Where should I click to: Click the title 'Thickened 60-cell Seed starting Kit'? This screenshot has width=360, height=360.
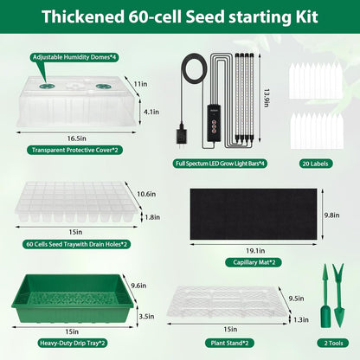179,17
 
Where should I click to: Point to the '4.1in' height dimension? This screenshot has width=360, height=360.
151,111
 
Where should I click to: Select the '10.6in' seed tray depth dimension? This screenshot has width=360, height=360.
146,194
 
